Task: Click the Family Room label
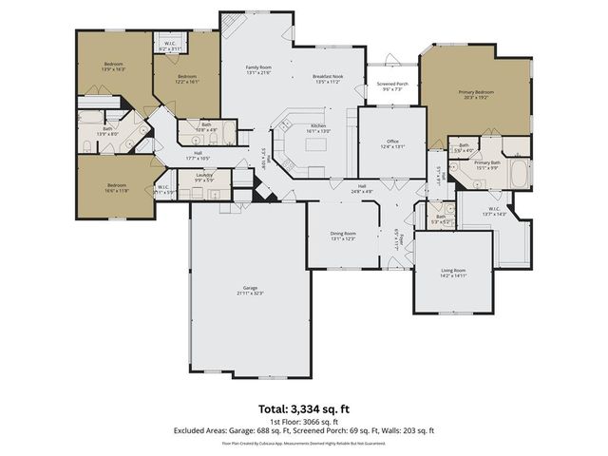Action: coord(257,70)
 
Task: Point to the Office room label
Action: coord(392,143)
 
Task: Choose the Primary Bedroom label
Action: coord(476,95)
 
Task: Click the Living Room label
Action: coord(453,273)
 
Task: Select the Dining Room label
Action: coord(343,236)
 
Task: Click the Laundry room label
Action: coord(204,177)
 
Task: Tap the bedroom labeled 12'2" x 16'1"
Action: coord(186,79)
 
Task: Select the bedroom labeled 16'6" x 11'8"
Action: coord(116,187)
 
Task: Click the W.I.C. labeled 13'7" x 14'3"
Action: coord(494,212)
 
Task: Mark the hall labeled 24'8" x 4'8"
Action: coord(362,188)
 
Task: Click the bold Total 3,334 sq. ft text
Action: coord(303,408)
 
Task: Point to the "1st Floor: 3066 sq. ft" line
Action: coord(303,421)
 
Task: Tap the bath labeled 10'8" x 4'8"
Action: coord(206,127)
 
